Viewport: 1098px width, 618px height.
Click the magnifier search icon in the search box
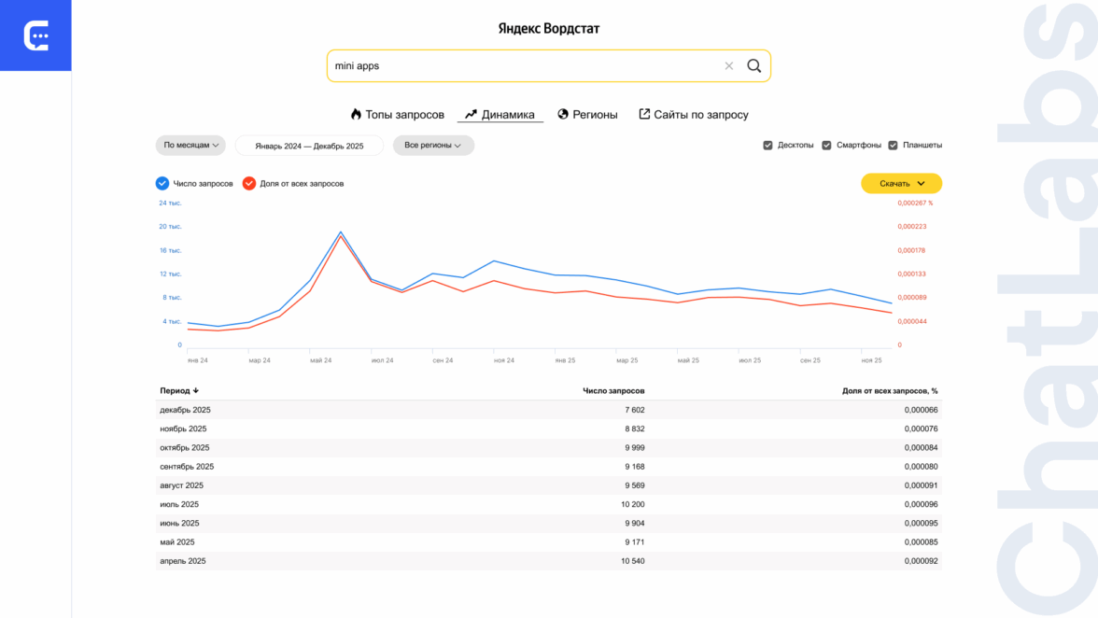point(753,66)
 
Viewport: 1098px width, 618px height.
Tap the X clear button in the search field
point(729,66)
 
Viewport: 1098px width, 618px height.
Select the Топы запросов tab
point(397,115)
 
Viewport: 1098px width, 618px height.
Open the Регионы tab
point(587,115)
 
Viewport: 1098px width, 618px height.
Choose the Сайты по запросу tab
point(693,115)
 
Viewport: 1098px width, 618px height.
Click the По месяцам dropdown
point(190,146)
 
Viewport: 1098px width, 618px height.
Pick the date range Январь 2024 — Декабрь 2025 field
point(309,146)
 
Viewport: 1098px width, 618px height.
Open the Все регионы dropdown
point(433,146)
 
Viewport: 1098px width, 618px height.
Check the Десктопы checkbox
point(768,146)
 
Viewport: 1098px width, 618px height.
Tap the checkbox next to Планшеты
point(893,146)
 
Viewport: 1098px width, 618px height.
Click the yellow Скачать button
point(901,184)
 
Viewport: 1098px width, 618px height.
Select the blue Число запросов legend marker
point(162,184)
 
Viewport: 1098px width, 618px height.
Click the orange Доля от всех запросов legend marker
point(249,184)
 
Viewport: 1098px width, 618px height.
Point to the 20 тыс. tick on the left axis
point(170,227)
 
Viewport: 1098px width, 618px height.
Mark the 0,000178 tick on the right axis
point(912,250)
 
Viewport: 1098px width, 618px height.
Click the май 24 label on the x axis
point(320,360)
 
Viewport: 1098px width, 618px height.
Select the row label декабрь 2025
point(185,410)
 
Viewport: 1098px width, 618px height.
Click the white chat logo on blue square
point(35,35)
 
